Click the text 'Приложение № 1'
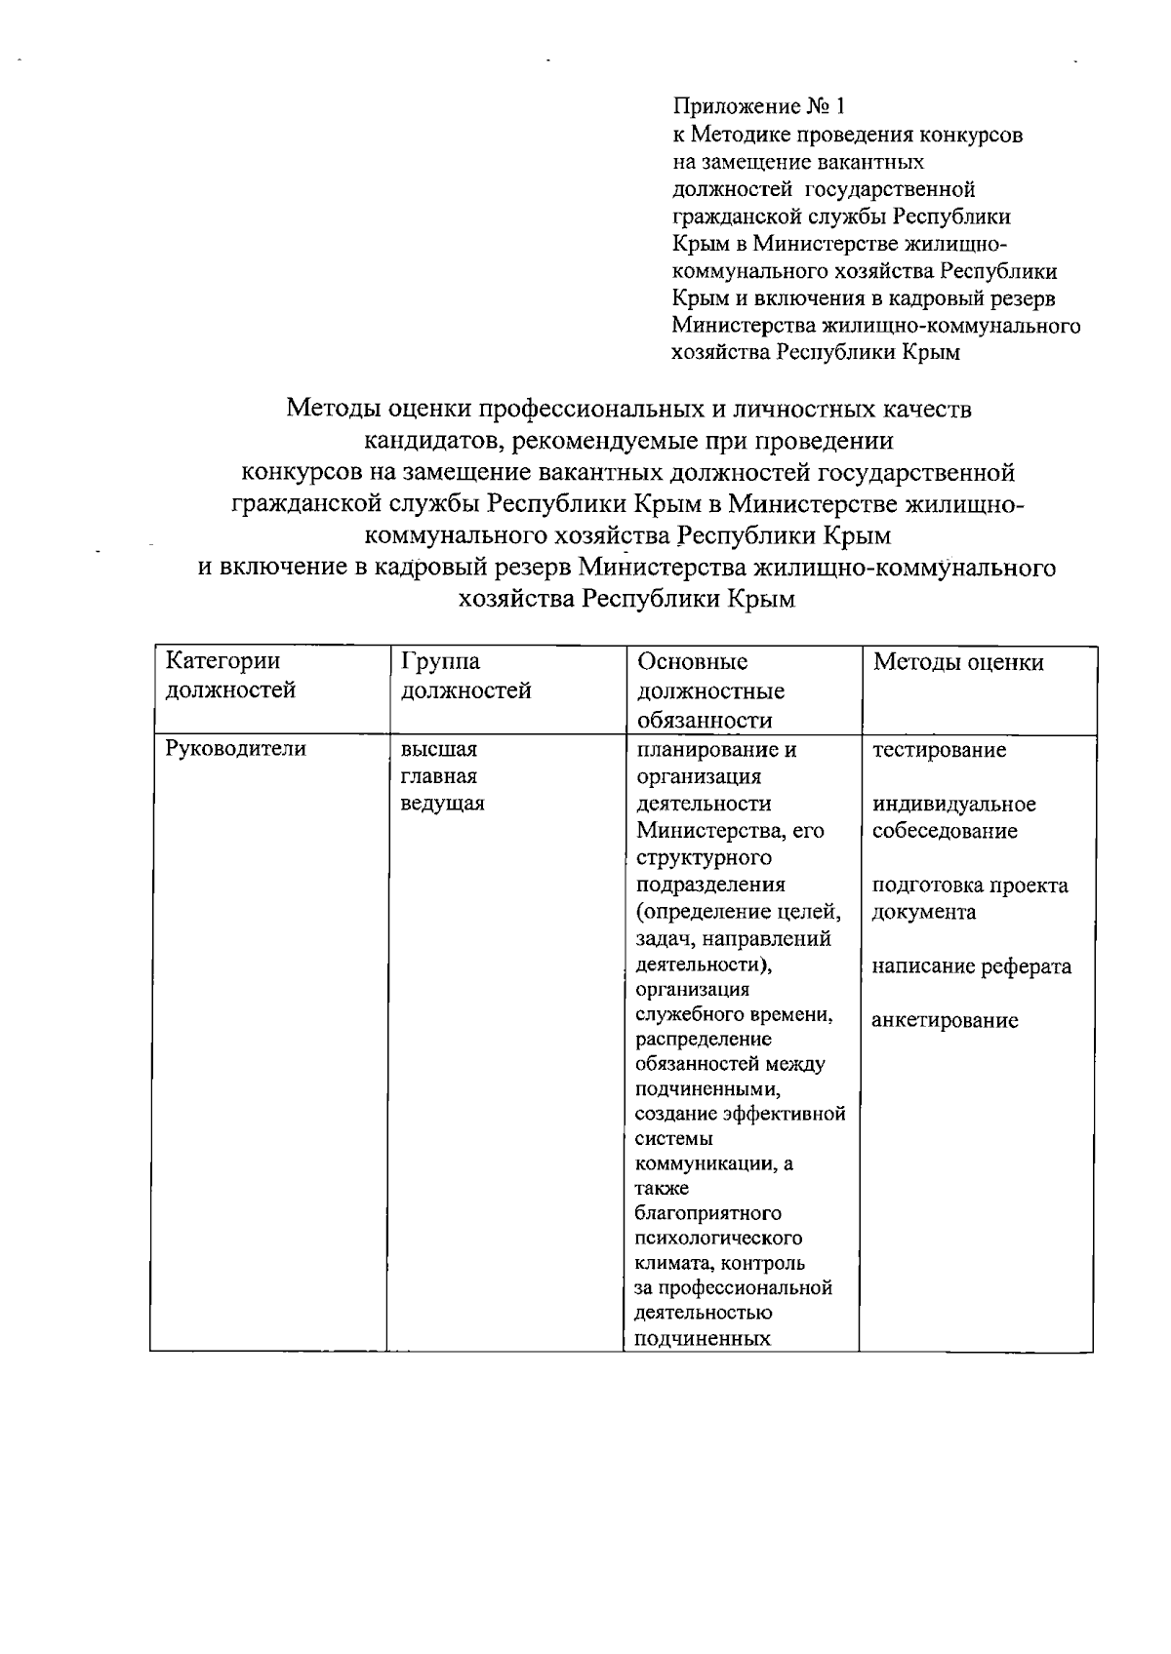[756, 105]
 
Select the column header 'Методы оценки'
[957, 663]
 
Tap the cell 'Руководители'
[235, 749]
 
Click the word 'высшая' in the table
[438, 749]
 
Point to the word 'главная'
[438, 776]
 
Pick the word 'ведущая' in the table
[442, 804]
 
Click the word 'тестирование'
[939, 750]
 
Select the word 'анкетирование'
[945, 1021]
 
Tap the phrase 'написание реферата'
[971, 966]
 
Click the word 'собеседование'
[944, 831]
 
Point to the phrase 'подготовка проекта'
[969, 886]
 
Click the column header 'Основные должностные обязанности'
[710, 690]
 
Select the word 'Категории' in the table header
[222, 661]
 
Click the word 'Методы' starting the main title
[333, 409]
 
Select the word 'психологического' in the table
[718, 1238]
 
